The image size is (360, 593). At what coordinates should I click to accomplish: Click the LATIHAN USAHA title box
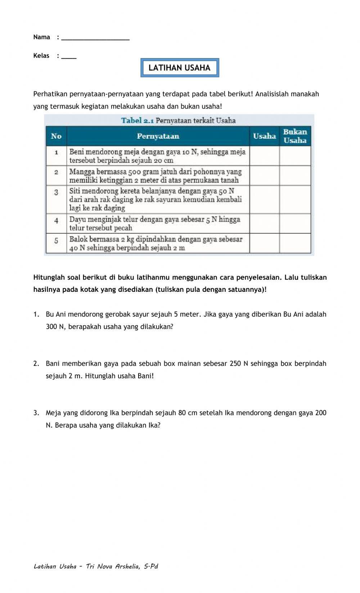(x=179, y=68)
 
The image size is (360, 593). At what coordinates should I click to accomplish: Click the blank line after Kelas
(x=69, y=57)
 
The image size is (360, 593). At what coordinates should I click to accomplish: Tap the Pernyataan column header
(x=158, y=136)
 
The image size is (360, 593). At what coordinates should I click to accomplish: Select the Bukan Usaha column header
(x=295, y=136)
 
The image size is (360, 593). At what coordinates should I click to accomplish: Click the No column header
(x=56, y=136)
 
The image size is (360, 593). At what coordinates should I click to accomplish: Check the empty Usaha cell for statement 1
(x=264, y=156)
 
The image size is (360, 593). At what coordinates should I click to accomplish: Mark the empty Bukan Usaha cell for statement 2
(x=295, y=176)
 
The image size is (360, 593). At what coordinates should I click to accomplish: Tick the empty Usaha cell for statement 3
(x=264, y=200)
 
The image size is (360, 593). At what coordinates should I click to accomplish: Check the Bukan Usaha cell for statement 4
(x=295, y=223)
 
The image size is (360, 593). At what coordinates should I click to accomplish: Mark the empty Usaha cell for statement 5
(x=264, y=243)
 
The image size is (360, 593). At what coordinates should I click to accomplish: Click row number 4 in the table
(x=56, y=220)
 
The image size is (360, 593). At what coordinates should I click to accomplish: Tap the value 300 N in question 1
(x=55, y=327)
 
